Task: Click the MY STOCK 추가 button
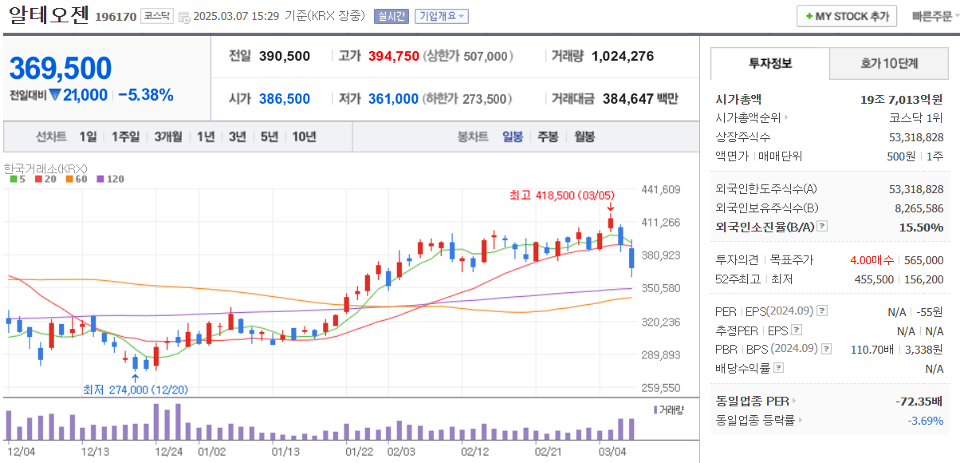click(x=847, y=16)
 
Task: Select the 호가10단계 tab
click(x=889, y=64)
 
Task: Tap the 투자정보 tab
click(x=770, y=64)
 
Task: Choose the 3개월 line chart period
click(x=168, y=137)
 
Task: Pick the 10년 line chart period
click(x=304, y=137)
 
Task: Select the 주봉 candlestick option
click(x=548, y=137)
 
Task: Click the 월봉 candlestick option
click(x=584, y=137)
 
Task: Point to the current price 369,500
click(x=61, y=69)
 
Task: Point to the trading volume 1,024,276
click(x=623, y=56)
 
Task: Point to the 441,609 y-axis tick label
click(x=661, y=189)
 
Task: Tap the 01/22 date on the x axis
click(x=359, y=451)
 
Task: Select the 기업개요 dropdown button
click(x=442, y=16)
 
